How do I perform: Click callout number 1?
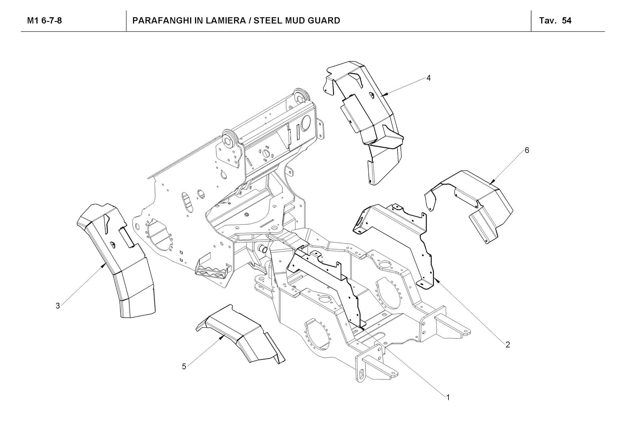[x=448, y=397]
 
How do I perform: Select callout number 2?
[x=508, y=345]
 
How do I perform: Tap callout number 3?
[x=58, y=305]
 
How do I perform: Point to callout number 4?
[x=428, y=78]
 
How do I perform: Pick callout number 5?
[x=184, y=366]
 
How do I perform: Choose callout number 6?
[x=527, y=150]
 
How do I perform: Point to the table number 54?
[x=567, y=21]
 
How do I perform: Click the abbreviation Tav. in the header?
[x=548, y=21]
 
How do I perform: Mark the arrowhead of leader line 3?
[x=104, y=266]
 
